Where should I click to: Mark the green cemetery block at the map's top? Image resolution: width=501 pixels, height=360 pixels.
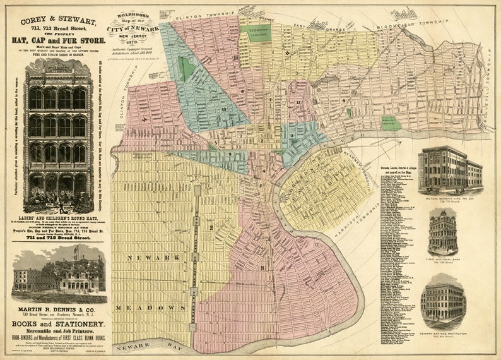tap(256, 33)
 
